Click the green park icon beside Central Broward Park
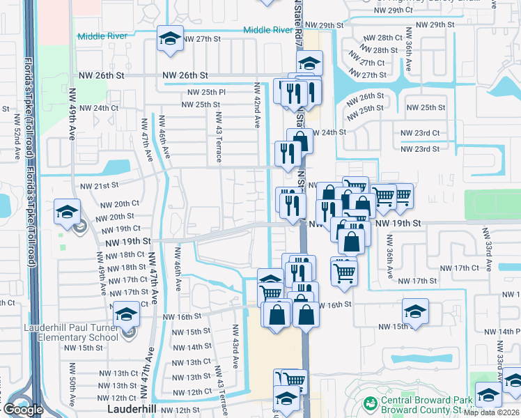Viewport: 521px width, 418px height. click(x=369, y=403)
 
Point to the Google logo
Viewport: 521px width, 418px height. click(x=23, y=410)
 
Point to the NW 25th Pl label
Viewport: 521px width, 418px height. click(x=206, y=93)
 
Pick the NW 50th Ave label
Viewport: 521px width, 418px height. click(x=72, y=390)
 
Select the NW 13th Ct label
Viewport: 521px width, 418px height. click(x=192, y=362)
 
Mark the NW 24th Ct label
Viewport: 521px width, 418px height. click(x=99, y=108)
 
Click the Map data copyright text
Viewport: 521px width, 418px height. click(x=492, y=412)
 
